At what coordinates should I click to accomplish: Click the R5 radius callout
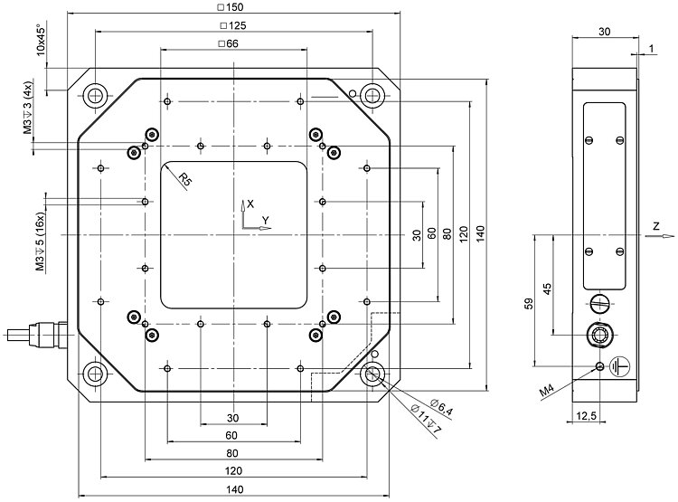coord(185,179)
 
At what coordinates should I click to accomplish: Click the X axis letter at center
coord(251,204)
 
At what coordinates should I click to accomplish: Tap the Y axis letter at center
coord(266,220)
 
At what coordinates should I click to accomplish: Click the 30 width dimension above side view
coord(606,31)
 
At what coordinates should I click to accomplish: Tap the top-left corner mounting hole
coord(95,95)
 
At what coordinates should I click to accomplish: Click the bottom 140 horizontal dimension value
coord(233,489)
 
